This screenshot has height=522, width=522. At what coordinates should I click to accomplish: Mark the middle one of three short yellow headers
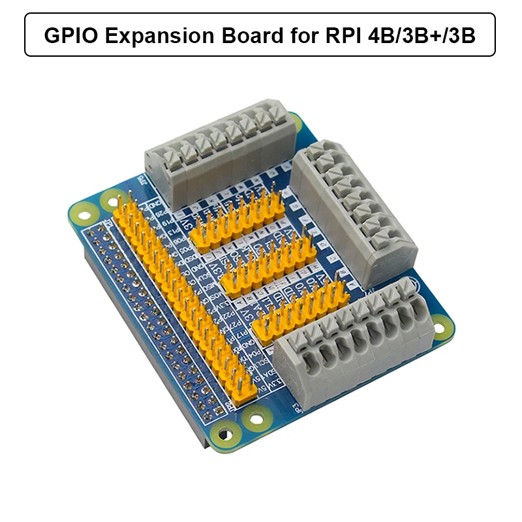tap(268, 261)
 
